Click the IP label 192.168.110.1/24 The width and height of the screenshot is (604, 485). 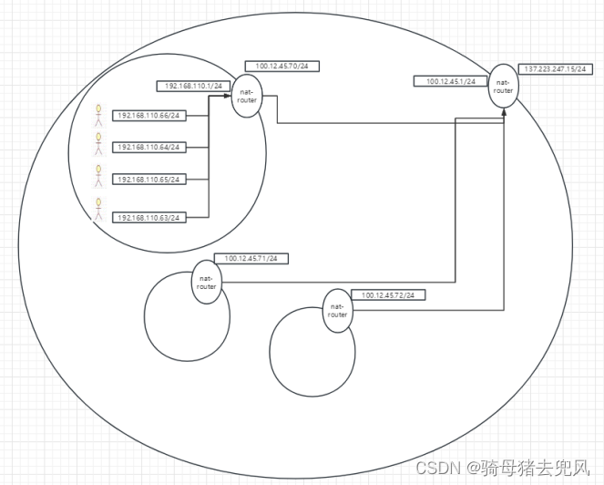(193, 85)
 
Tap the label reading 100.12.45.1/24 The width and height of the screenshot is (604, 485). (452, 81)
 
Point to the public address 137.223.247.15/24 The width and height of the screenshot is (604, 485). (555, 68)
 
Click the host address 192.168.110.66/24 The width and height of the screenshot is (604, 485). (149, 116)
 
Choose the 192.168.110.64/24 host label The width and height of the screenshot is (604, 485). (149, 147)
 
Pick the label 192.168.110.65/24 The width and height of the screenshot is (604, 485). (149, 180)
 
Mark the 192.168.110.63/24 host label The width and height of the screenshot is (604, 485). (149, 217)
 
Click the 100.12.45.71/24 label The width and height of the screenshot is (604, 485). (251, 258)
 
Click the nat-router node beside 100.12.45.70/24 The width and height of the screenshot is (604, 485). (245, 97)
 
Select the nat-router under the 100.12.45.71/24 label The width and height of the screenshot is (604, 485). (206, 282)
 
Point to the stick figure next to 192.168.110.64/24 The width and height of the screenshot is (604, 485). (98, 144)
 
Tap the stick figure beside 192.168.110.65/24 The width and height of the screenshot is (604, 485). (98, 175)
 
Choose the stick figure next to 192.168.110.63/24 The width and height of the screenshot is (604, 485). (98, 211)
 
